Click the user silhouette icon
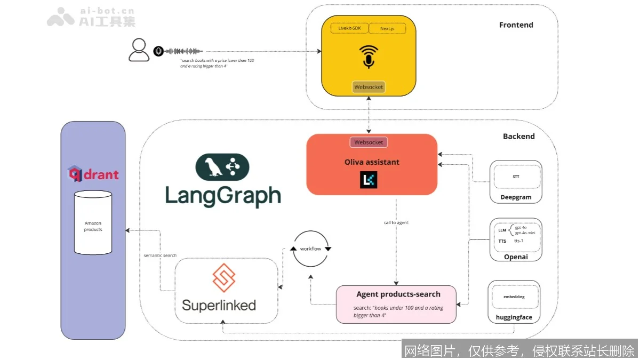tap(139, 51)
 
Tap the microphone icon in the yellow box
tap(368, 57)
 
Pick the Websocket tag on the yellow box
tap(369, 87)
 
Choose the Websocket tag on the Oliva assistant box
tap(369, 142)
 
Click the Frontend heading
tap(516, 25)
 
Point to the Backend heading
tap(518, 137)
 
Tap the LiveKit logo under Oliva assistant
tap(369, 180)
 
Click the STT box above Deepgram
tap(516, 177)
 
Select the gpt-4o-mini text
tap(525, 233)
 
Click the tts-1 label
tap(519, 241)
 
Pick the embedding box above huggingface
tap(514, 297)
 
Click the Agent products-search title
tap(398, 294)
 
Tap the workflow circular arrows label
tap(310, 249)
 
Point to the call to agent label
tap(396, 222)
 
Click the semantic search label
tap(160, 255)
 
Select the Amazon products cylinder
tap(93, 222)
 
